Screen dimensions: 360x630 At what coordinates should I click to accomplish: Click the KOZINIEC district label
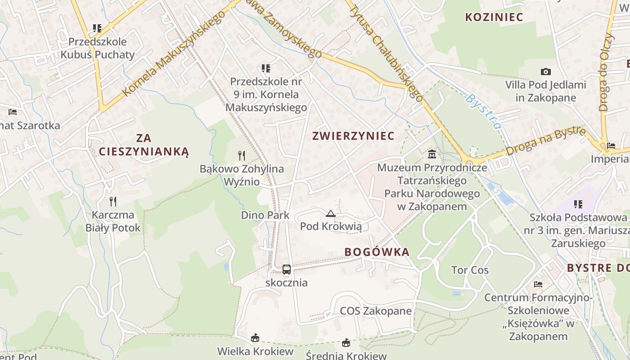494,17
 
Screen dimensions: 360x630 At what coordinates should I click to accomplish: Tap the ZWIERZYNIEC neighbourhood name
353,135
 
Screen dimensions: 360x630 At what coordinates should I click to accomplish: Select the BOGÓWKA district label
377,252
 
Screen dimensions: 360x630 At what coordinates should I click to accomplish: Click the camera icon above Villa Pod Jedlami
546,72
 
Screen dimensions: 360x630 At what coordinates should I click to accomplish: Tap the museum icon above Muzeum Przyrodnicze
432,154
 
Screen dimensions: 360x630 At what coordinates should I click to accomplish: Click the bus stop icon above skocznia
287,270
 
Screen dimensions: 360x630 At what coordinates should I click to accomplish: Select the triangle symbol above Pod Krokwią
331,213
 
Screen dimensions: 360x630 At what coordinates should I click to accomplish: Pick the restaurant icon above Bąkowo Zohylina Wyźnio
242,156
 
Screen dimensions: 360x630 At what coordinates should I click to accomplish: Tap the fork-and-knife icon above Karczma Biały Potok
113,201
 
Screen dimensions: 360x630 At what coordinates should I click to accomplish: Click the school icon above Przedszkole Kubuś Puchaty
97,28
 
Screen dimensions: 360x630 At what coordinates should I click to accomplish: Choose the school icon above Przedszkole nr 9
266,68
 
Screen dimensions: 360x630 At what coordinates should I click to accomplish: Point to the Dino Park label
265,215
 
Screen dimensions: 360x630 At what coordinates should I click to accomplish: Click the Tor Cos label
470,270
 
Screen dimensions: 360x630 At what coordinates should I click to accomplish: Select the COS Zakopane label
376,311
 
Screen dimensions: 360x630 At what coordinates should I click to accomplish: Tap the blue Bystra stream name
483,111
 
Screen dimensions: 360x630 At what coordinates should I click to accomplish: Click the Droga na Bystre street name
546,141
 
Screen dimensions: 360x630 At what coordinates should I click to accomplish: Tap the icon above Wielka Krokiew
255,337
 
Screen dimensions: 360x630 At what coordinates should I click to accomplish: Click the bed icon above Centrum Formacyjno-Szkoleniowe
538,284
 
